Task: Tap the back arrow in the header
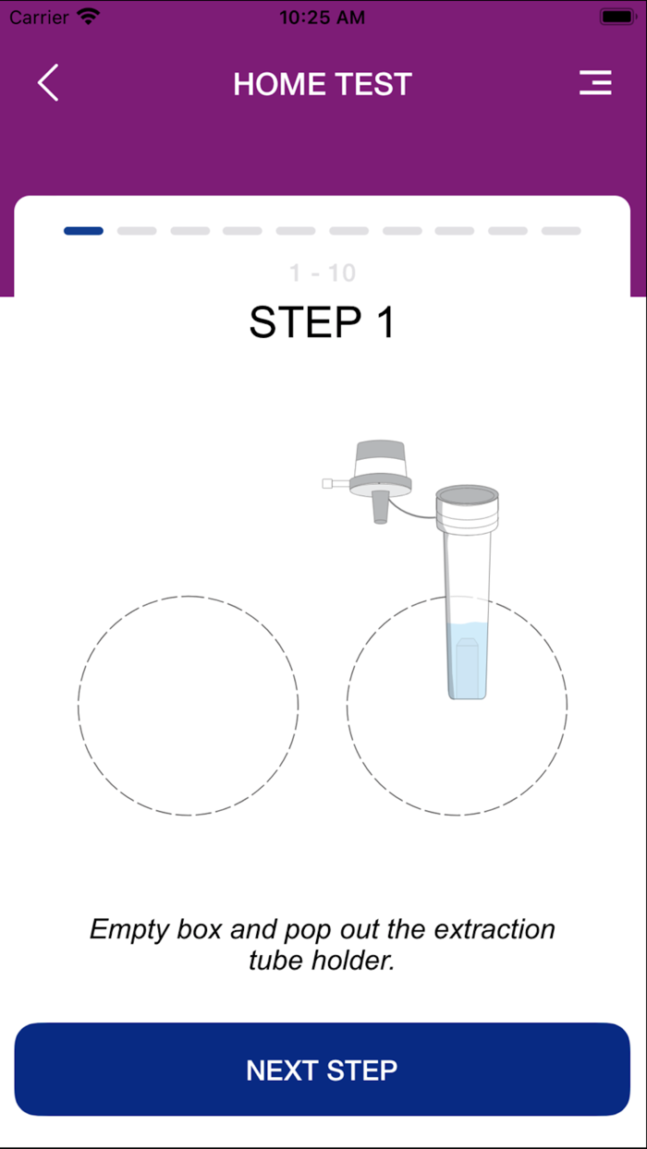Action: (x=48, y=83)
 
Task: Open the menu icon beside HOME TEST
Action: (x=595, y=83)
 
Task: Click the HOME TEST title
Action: (x=323, y=84)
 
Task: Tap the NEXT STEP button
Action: (x=322, y=1070)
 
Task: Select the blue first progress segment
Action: (x=83, y=231)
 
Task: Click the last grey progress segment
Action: (x=561, y=231)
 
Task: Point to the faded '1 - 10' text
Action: (x=322, y=273)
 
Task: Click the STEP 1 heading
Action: (x=322, y=322)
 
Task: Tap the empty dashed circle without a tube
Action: (x=189, y=706)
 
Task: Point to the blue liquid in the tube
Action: (x=466, y=660)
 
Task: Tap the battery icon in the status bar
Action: (x=616, y=17)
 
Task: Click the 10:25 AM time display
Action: (x=322, y=17)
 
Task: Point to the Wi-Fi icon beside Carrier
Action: (x=89, y=17)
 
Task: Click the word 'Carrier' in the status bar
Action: (x=40, y=17)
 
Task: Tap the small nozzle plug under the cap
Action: (x=380, y=508)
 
